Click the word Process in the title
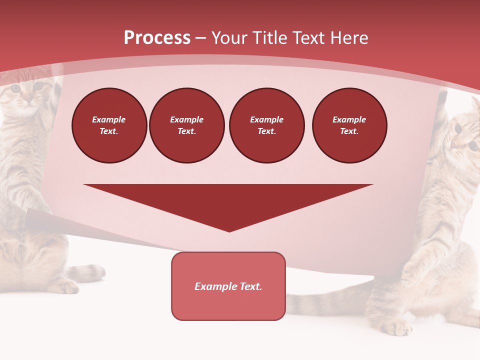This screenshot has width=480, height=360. (157, 38)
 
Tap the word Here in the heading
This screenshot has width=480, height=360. (348, 38)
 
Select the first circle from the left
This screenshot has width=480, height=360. (109, 125)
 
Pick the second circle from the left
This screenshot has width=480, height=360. (187, 125)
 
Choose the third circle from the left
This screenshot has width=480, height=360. (266, 125)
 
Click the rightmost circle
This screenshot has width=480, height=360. (349, 125)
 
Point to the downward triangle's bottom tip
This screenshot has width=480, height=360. (229, 230)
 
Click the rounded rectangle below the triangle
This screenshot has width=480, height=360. (228, 305)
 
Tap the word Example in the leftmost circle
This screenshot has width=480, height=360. (109, 119)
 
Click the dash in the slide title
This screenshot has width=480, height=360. (201, 38)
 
